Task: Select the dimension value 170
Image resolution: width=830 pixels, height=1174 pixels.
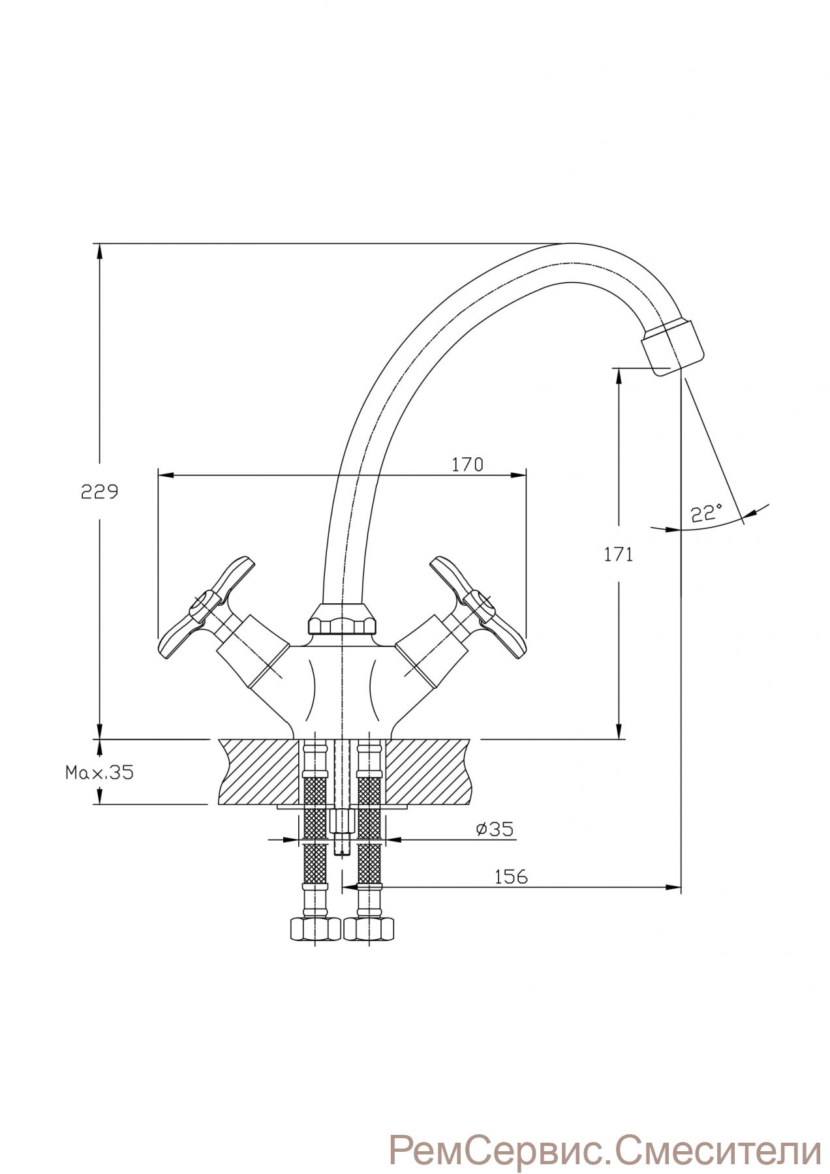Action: click(467, 464)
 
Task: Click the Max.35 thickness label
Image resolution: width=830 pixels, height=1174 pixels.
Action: click(99, 773)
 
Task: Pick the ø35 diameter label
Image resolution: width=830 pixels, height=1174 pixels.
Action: click(495, 829)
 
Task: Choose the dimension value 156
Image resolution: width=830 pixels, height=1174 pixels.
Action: click(510, 877)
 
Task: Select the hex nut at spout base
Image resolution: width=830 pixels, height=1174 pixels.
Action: click(342, 620)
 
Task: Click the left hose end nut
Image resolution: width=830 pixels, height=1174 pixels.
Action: click(315, 928)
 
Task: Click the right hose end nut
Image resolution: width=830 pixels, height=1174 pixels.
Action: click(369, 928)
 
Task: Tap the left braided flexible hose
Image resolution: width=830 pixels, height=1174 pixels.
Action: click(315, 841)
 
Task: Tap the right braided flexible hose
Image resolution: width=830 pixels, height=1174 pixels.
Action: click(369, 841)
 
